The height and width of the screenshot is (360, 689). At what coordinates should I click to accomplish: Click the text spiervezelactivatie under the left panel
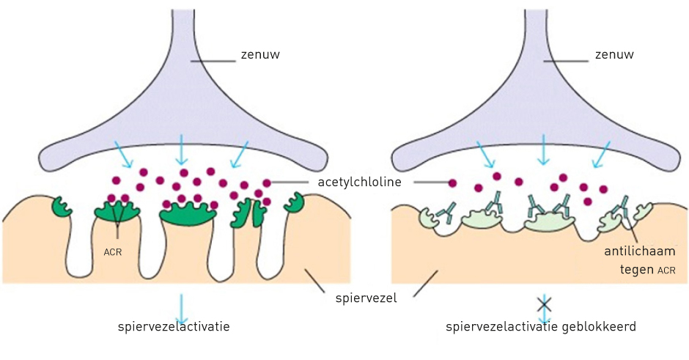pos(174,326)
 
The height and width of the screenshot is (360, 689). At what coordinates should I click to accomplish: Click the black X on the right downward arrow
pos(544,303)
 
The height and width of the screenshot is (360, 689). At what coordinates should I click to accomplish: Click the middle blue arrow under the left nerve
pos(181,150)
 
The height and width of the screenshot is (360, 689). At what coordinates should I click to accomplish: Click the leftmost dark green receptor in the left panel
pos(62,207)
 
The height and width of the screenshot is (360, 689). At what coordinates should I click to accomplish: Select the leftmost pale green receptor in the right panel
pos(428,217)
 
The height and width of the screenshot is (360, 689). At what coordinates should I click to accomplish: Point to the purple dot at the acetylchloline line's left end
pos(267,182)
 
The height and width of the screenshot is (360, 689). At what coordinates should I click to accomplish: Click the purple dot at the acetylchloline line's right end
pos(452,183)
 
